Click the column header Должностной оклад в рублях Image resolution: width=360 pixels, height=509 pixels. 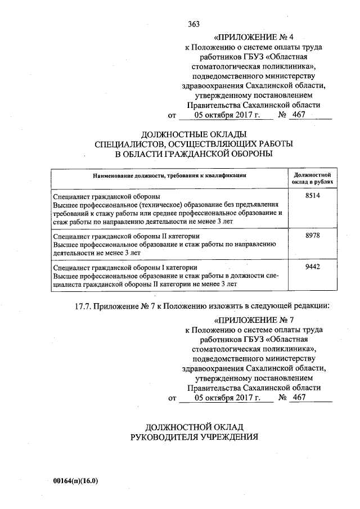[x=312, y=178]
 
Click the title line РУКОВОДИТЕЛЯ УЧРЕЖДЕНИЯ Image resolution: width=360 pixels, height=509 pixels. [x=193, y=436]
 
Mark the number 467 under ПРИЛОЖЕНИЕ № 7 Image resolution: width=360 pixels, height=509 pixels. [x=299, y=398]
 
